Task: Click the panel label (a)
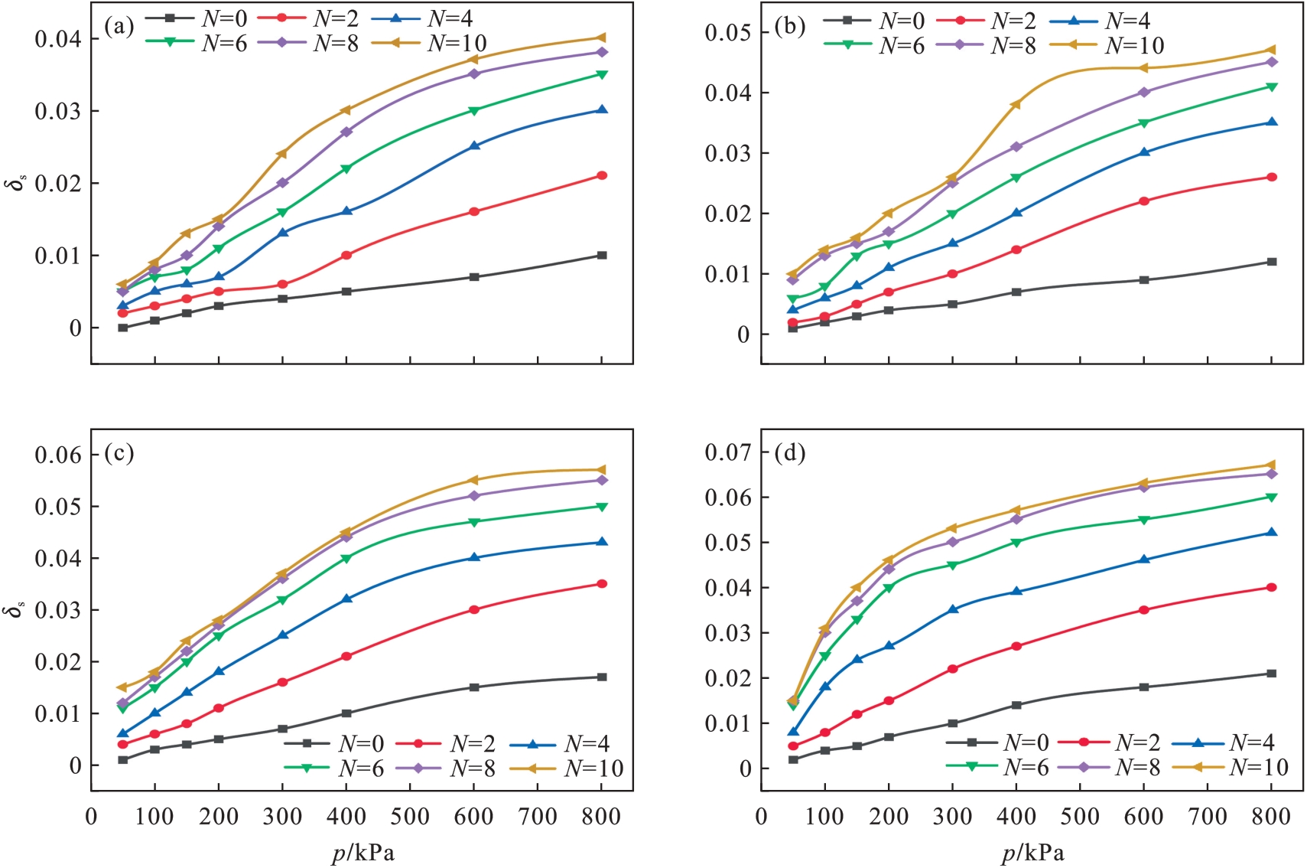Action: click(119, 27)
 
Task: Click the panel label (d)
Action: click(789, 452)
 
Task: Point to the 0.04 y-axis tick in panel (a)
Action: click(57, 38)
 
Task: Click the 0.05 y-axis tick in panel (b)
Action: click(727, 33)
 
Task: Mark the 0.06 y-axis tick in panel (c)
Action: click(57, 455)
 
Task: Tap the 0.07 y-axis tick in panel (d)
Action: click(727, 452)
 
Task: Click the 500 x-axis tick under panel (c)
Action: click(410, 817)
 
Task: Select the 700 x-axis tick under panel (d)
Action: click(1208, 817)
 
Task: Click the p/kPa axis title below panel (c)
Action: click(363, 853)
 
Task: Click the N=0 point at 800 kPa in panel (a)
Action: click(602, 255)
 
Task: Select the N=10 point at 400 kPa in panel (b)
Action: click(1016, 104)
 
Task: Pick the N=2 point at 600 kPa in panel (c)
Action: click(474, 609)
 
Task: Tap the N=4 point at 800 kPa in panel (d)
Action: click(1272, 533)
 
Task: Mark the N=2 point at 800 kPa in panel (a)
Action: click(602, 175)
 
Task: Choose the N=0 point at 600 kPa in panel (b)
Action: click(1144, 280)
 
